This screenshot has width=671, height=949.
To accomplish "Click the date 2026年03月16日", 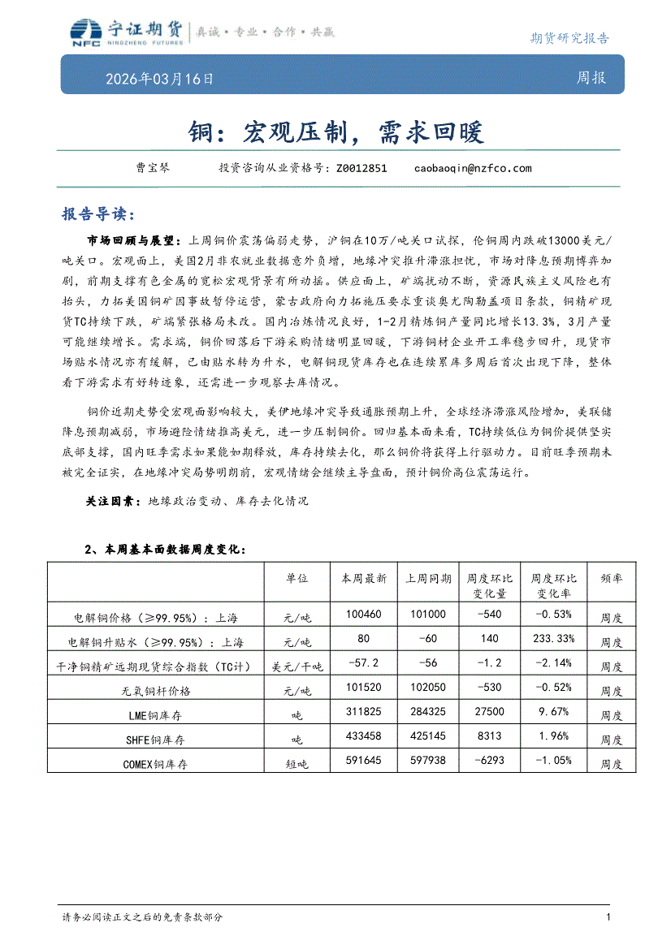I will click(159, 80).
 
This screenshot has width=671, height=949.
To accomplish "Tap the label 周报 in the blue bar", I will click(591, 79).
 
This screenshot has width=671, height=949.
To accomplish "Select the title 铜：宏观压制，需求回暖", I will click(335, 131).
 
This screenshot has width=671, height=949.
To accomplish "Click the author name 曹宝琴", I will click(152, 168).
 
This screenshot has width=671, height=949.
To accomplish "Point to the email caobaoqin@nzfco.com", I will click(473, 168).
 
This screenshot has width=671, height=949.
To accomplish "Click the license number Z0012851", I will click(361, 168).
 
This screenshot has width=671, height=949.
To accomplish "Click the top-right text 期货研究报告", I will click(569, 37).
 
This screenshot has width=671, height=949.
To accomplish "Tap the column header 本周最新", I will click(363, 579).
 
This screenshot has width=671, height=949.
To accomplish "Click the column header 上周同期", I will click(428, 579).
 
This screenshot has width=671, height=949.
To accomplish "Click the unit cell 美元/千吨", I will click(297, 666).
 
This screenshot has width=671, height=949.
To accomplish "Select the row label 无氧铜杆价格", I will click(155, 691).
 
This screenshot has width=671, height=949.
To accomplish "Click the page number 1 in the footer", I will click(608, 917).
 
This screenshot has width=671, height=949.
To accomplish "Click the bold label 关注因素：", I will click(114, 502).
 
